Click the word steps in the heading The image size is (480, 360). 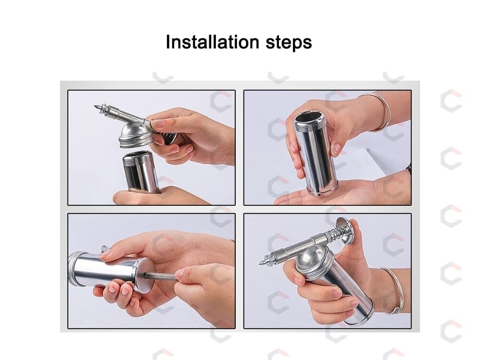288,43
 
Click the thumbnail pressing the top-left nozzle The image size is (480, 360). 157,124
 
